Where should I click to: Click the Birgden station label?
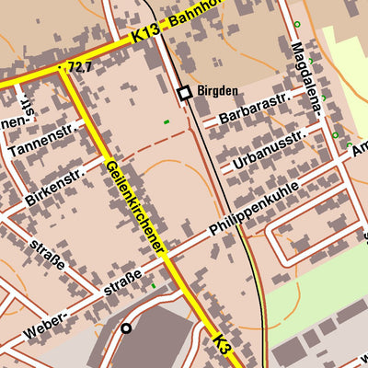(x=218, y=92)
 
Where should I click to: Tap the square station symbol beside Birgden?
(x=184, y=92)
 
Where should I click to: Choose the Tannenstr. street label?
(x=40, y=137)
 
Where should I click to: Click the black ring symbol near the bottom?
(x=126, y=328)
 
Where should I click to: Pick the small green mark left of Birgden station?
(x=166, y=121)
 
